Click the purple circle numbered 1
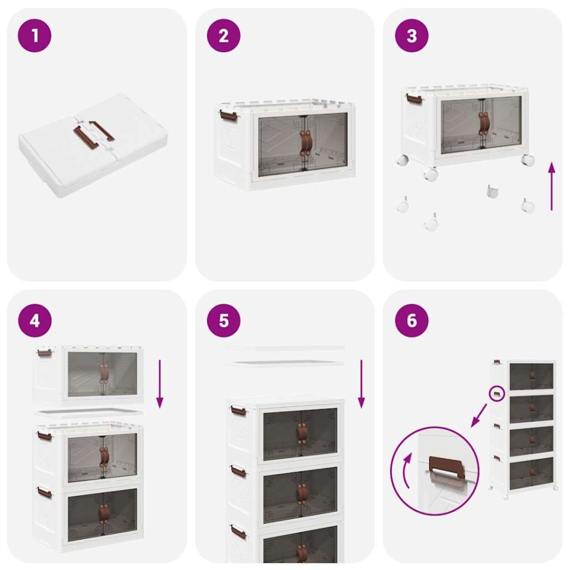coord(34,36)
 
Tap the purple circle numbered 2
coord(223,36)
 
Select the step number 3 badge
coord(412,36)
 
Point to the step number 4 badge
coord(34,320)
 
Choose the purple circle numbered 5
coord(223,320)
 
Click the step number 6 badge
coord(412,320)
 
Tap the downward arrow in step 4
coord(160,384)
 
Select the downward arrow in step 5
coord(361,384)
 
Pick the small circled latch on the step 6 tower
coord(497,394)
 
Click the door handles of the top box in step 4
coord(104,374)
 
